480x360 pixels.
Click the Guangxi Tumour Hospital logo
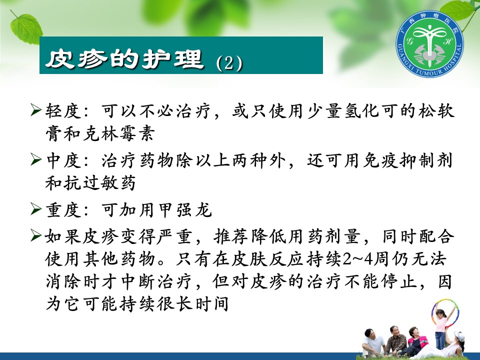[429, 44]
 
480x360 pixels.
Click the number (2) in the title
[229, 63]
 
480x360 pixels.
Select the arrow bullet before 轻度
[35, 110]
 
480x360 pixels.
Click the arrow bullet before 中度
[35, 159]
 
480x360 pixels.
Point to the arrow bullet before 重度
[35, 209]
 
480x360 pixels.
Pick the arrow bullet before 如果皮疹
[35, 235]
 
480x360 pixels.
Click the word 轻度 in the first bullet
[63, 110]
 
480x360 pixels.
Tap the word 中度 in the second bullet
[63, 160]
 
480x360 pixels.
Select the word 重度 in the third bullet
[63, 210]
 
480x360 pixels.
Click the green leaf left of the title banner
[26, 28]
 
